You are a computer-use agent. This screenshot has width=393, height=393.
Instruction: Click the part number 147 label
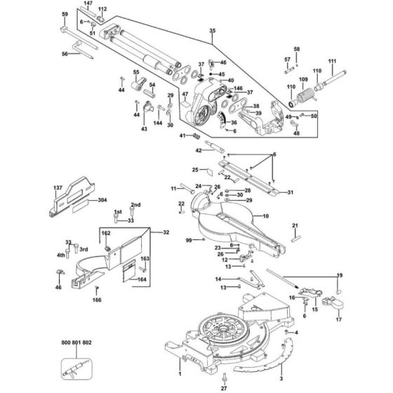tap(87, 4)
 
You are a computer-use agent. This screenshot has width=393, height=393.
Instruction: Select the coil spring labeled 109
tap(304, 97)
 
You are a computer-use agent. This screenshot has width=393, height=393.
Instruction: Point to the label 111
tap(352, 62)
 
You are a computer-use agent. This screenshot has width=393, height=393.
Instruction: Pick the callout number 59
tap(65, 14)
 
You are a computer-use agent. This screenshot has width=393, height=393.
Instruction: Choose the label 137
tap(58, 187)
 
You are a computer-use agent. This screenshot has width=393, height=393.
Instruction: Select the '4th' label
tap(61, 255)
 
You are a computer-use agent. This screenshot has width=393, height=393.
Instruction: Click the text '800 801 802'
tap(76, 342)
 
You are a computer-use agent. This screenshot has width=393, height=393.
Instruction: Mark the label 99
tap(189, 241)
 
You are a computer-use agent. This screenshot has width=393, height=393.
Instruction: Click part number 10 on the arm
tap(265, 218)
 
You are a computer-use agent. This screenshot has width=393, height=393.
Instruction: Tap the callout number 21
tap(295, 225)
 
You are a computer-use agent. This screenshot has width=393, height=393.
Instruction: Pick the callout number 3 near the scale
tap(281, 366)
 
